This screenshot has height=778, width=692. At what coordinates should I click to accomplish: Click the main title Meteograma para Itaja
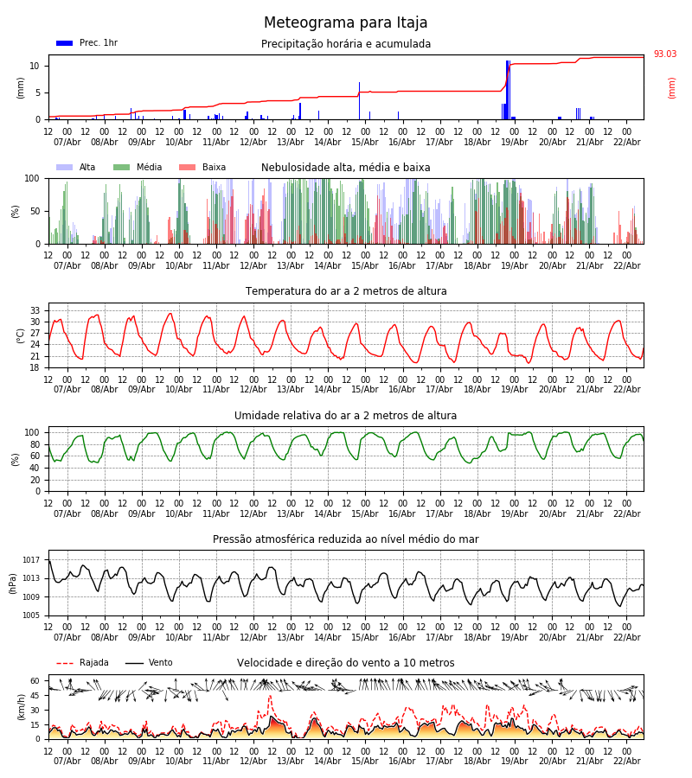pyautogui.click(x=346, y=23)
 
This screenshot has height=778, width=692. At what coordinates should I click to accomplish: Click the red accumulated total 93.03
pyautogui.click(x=664, y=54)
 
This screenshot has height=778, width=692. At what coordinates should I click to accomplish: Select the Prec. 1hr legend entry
pyautogui.click(x=86, y=43)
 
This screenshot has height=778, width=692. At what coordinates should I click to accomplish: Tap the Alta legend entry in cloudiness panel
pyautogui.click(x=77, y=168)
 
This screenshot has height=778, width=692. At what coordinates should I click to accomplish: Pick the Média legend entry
pyautogui.click(x=138, y=168)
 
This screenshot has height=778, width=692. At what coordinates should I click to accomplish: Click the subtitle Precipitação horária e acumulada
pyautogui.click(x=346, y=44)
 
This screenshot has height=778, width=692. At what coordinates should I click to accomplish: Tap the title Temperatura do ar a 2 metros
pyautogui.click(x=346, y=291)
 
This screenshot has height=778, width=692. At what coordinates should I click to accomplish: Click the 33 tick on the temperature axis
pyautogui.click(x=35, y=310)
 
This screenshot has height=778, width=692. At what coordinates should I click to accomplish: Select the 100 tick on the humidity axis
pyautogui.click(x=33, y=432)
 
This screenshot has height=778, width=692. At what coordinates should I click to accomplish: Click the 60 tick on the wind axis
pyautogui.click(x=35, y=680)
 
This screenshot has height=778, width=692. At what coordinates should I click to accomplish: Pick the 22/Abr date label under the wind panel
pyautogui.click(x=626, y=761)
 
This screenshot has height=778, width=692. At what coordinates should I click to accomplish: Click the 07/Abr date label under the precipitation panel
pyautogui.click(x=67, y=142)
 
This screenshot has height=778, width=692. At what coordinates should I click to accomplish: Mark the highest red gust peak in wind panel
pyautogui.click(x=269, y=696)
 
